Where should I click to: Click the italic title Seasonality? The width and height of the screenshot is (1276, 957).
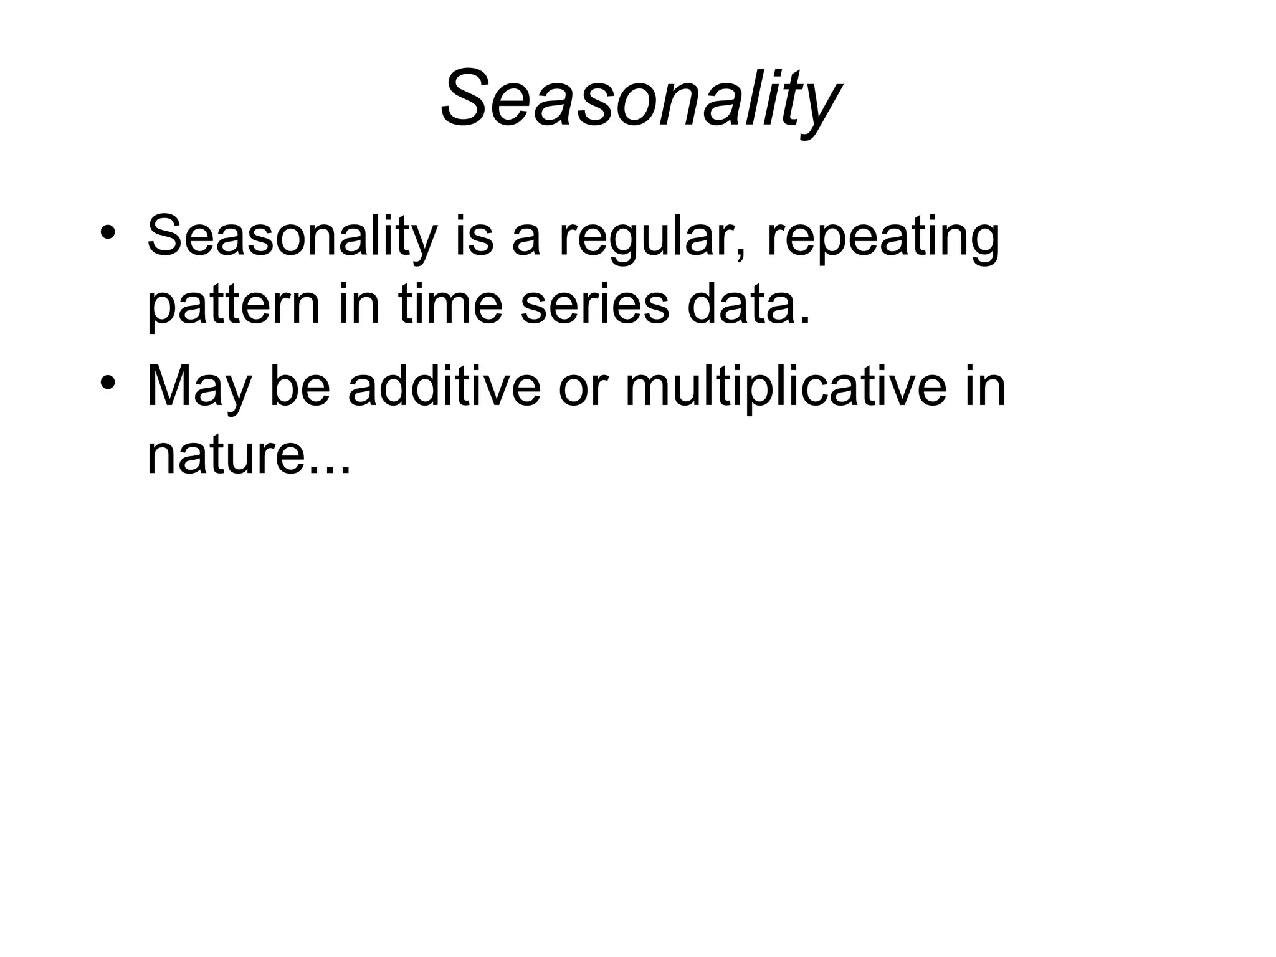(x=639, y=100)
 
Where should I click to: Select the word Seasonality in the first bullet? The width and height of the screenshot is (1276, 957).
(x=292, y=237)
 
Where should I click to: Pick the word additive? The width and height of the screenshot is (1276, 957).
(x=444, y=386)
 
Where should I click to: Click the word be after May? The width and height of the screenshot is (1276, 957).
(x=299, y=386)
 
